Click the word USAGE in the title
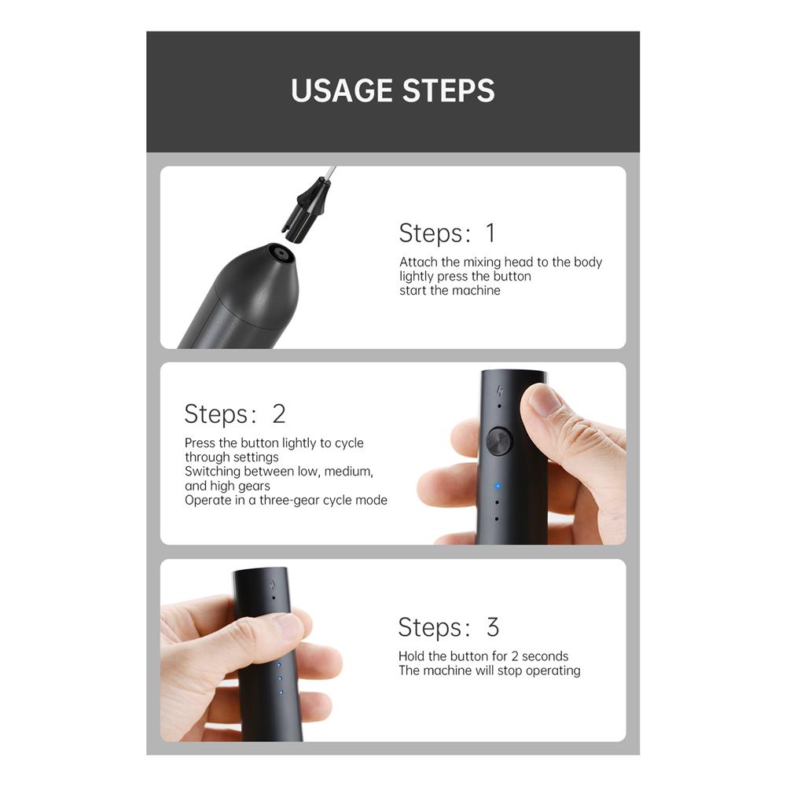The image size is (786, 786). pyautogui.click(x=343, y=90)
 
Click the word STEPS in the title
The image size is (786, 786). pyautogui.click(x=449, y=90)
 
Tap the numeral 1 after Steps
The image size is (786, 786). pyautogui.click(x=490, y=233)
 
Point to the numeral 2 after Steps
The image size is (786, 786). pyautogui.click(x=279, y=413)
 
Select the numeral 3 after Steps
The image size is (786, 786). pyautogui.click(x=493, y=627)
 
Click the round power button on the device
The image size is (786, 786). pyautogui.click(x=499, y=441)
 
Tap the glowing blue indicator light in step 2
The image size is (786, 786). pyautogui.click(x=498, y=486)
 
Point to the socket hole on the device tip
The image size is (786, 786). pyautogui.click(x=281, y=254)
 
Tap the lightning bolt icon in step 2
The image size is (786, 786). pyautogui.click(x=499, y=391)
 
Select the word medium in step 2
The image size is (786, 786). pyautogui.click(x=348, y=472)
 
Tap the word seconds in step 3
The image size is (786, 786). pyautogui.click(x=545, y=656)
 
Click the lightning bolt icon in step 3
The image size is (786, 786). pyautogui.click(x=273, y=585)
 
